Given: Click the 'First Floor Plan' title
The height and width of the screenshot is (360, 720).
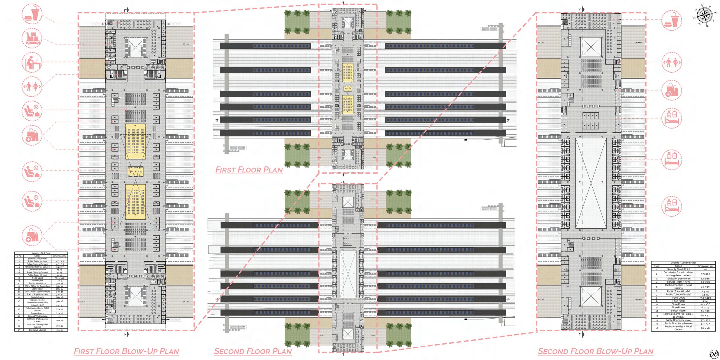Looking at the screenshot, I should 249,170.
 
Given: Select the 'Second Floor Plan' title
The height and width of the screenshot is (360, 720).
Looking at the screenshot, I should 253,351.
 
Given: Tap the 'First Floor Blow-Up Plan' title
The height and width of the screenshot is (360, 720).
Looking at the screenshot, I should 126,351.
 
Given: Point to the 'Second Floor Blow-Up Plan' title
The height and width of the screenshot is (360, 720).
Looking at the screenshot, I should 595,351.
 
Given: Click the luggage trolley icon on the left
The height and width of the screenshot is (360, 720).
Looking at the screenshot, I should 32,39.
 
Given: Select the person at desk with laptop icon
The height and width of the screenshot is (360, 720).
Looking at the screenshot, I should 32,63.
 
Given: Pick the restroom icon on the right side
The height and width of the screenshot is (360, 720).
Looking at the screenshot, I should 672,62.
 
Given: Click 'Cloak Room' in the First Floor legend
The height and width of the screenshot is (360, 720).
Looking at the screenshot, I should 37,289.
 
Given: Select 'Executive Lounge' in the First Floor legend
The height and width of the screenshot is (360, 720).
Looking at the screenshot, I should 37,330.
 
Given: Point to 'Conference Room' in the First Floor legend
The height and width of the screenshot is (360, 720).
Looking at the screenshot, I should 37,270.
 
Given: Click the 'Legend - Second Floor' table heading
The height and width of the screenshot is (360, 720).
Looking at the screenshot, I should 683,263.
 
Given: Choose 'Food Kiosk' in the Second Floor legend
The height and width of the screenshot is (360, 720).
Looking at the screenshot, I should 678,301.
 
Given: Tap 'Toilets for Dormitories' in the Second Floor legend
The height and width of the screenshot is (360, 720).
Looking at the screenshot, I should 678,279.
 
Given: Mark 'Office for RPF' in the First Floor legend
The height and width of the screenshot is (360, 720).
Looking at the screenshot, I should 37,305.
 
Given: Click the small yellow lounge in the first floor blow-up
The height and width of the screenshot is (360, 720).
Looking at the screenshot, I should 135,172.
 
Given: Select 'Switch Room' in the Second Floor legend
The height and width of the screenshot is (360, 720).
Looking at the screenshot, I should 678,311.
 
